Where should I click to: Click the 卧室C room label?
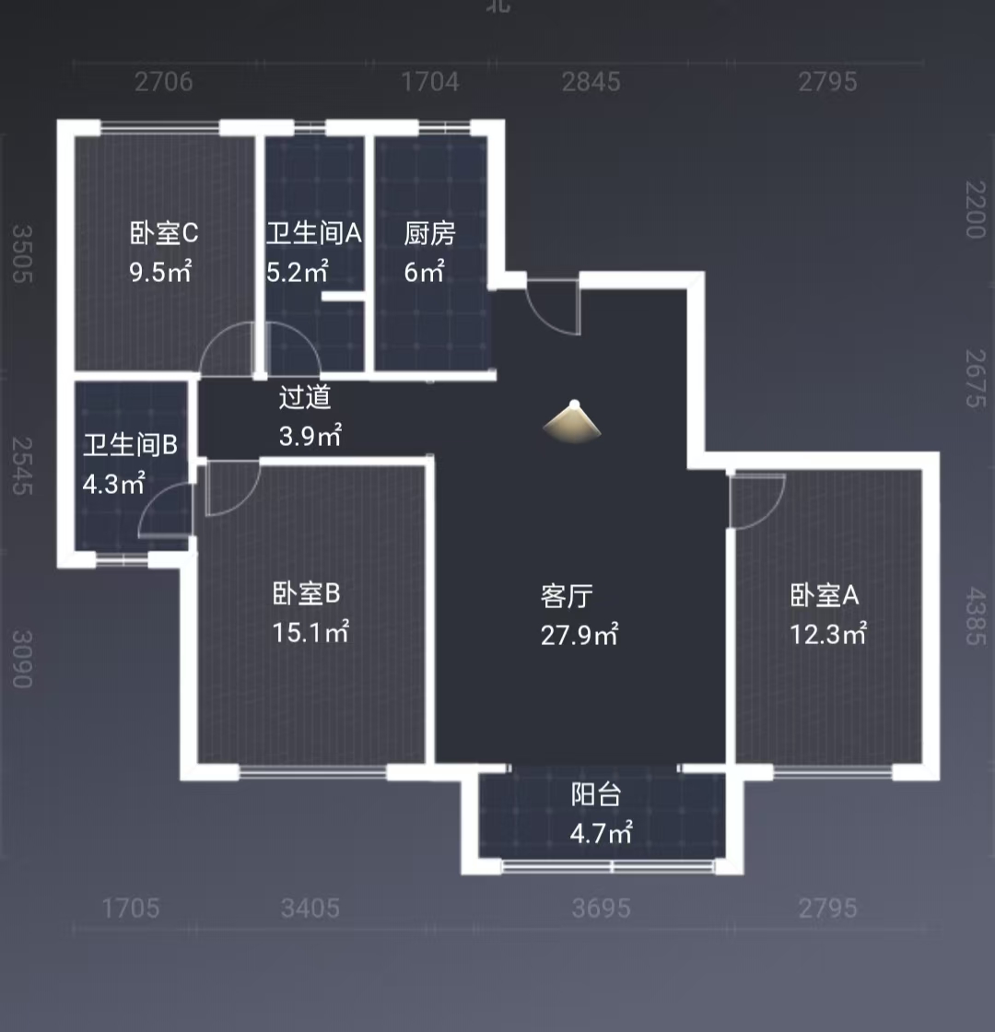point(164,234)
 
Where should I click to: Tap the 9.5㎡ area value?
point(160,273)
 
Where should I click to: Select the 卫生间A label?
point(313,234)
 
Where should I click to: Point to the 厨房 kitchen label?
point(429,234)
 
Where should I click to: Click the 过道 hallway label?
point(305,397)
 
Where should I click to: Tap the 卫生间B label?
point(130,446)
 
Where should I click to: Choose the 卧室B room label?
point(307,593)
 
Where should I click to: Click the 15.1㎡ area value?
point(310,633)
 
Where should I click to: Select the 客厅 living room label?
point(567,596)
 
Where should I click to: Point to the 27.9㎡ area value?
point(579,635)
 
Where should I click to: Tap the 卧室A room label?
point(825,596)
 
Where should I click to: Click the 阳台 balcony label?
point(596,794)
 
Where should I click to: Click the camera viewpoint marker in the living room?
point(573,423)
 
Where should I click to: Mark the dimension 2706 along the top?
point(163,82)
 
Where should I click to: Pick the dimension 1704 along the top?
point(429,82)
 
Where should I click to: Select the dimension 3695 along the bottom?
point(601,909)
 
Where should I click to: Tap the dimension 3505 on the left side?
point(22,255)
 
